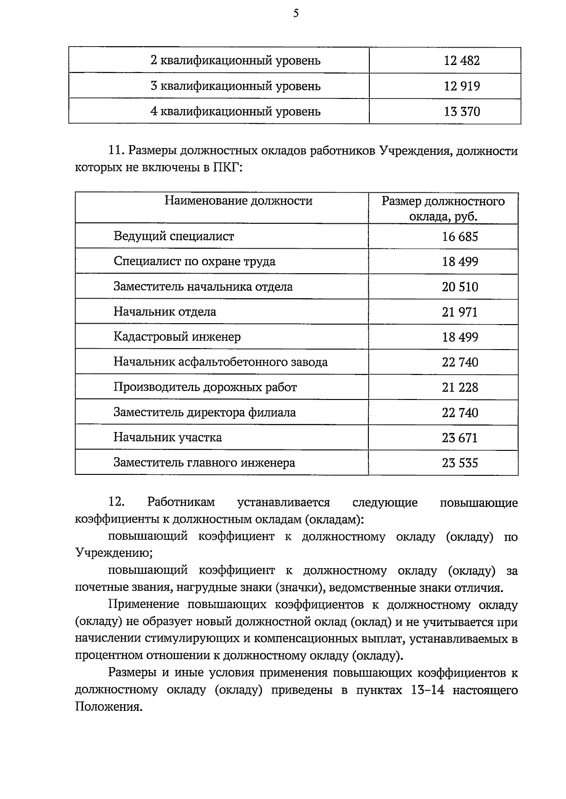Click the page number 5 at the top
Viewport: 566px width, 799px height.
[296, 13]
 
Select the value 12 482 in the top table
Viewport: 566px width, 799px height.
[461, 61]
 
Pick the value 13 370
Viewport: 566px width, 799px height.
[461, 112]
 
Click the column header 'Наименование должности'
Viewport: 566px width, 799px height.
[238, 201]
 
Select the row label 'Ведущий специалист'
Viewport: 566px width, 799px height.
[174, 236]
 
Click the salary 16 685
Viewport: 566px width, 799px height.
[459, 236]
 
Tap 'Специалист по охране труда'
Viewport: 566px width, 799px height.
[194, 261]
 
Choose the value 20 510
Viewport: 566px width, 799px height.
[459, 287]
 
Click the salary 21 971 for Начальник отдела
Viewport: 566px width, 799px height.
[459, 312]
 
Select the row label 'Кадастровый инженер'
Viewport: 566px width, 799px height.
[177, 337]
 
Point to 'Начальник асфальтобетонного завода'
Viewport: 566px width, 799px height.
[220, 362]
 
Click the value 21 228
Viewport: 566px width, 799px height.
[459, 387]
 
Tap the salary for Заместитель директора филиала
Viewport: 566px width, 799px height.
[459, 413]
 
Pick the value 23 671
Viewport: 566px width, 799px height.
[459, 438]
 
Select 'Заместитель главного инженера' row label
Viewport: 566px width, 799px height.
[204, 463]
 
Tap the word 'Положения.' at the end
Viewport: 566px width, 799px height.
[108, 707]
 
